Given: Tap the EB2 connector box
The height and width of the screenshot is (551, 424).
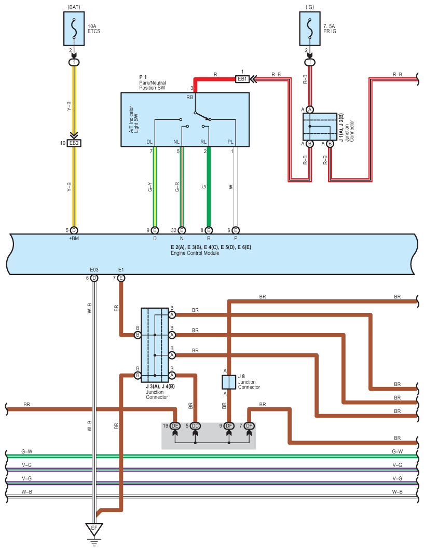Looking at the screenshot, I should [74, 143].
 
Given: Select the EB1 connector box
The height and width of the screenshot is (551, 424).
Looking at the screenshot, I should [242, 79].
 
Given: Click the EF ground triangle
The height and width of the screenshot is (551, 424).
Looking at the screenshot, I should [94, 529].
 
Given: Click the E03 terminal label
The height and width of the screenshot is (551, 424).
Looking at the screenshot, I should [94, 270].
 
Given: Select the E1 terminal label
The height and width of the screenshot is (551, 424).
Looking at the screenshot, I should [121, 270].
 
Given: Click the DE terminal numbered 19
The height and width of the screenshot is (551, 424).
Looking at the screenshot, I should [175, 426].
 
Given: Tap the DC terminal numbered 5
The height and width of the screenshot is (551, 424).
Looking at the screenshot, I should [195, 426].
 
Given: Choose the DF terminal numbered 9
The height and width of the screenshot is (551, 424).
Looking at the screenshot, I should [229, 426].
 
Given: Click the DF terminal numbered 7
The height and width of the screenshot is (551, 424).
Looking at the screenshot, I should [250, 426].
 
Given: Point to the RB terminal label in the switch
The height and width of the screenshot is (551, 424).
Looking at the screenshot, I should [190, 97].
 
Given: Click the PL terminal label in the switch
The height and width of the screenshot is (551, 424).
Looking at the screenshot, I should [231, 142].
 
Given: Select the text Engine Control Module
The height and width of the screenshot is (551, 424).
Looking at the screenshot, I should [191, 253].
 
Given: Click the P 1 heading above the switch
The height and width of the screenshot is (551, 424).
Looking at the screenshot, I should [143, 77].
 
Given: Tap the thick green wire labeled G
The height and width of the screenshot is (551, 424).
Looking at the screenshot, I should [209, 187].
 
